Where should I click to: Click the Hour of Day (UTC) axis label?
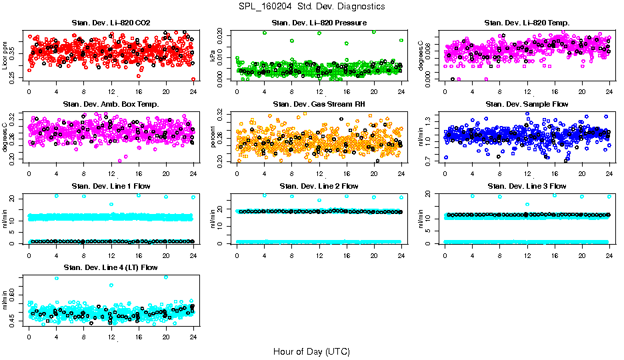click(311, 351)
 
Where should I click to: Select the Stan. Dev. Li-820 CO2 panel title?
click(110, 23)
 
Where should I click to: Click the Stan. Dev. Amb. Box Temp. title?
click(110, 105)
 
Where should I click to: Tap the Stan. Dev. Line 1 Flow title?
click(110, 186)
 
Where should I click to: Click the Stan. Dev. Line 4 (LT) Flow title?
click(110, 267)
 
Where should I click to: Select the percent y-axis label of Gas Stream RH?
click(213, 136)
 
